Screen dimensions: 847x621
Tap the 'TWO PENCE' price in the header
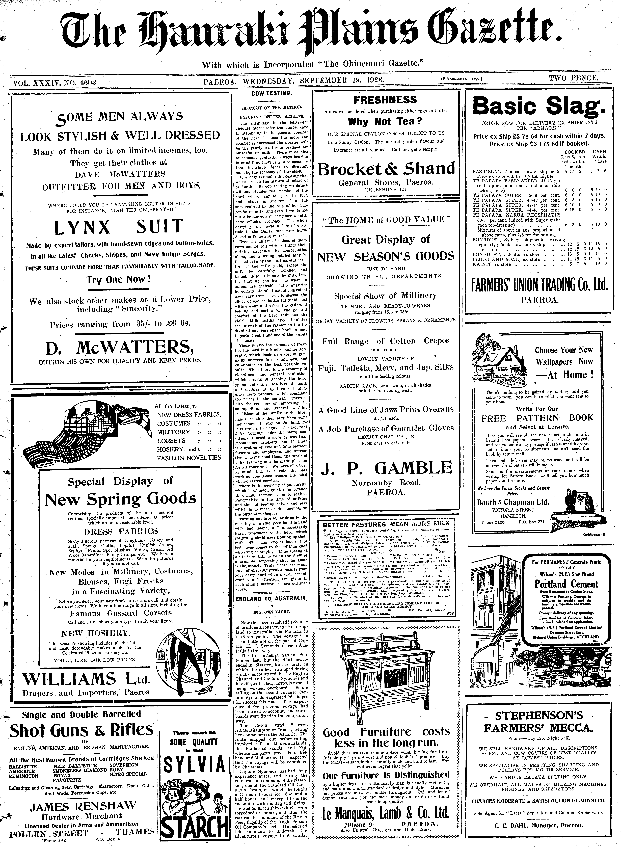(573, 78)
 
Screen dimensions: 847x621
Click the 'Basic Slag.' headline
(539, 107)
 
